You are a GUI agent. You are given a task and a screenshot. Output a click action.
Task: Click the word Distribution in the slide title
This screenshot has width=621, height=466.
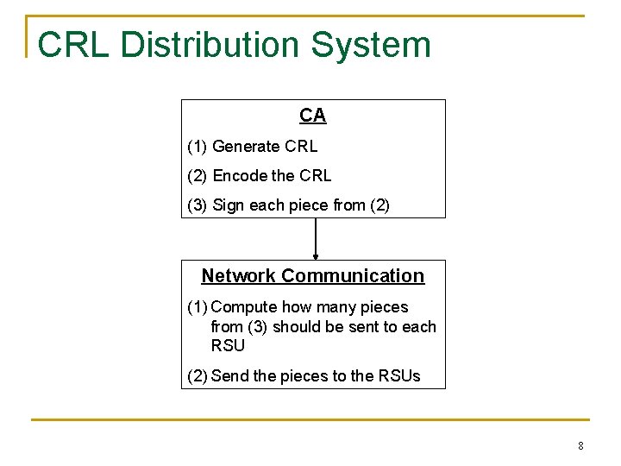(x=206, y=45)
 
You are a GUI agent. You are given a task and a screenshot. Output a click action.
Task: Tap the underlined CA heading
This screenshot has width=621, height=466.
(x=312, y=115)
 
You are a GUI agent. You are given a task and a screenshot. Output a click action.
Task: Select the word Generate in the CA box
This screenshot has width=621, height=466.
(x=246, y=147)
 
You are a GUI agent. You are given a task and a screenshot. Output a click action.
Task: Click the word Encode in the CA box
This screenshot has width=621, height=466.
(x=239, y=176)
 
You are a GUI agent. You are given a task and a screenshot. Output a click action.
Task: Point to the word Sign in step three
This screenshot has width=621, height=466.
(x=228, y=205)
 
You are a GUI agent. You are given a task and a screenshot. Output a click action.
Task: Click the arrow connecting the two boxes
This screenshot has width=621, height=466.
(x=316, y=238)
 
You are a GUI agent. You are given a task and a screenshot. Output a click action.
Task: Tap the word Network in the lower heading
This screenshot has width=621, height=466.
(x=239, y=276)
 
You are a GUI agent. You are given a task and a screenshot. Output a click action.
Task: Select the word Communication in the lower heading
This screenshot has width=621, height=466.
(x=353, y=276)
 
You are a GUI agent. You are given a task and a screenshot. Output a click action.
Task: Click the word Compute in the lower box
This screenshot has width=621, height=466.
(x=243, y=307)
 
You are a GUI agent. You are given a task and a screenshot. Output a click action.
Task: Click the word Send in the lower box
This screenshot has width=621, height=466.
(x=229, y=375)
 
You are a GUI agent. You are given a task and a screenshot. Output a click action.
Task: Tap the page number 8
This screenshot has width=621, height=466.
(x=580, y=446)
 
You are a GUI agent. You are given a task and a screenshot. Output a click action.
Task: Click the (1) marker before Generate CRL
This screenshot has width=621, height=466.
(x=197, y=147)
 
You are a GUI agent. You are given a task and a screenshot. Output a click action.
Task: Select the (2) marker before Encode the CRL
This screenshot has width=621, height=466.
(x=198, y=176)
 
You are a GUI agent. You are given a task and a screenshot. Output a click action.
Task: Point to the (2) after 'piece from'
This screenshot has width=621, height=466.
(x=379, y=205)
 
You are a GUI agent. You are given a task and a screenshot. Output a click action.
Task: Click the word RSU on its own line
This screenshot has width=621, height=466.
(x=228, y=346)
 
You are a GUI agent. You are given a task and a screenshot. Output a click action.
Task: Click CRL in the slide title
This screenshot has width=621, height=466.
(x=73, y=45)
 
